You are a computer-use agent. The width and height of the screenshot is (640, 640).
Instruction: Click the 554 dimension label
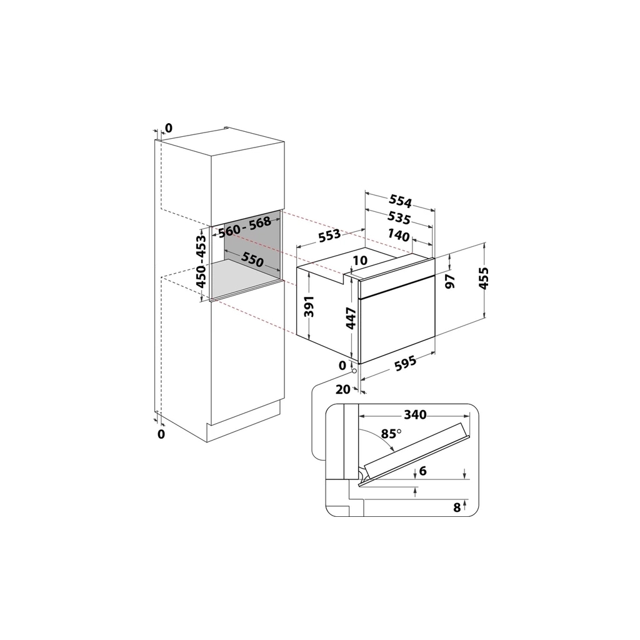click(401, 201)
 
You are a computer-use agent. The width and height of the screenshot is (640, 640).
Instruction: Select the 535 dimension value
click(399, 218)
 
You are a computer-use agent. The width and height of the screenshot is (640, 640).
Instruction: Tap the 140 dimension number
click(398, 235)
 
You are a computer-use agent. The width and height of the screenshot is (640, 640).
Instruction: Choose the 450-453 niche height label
click(202, 261)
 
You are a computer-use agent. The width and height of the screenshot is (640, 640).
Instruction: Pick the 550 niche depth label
click(252, 259)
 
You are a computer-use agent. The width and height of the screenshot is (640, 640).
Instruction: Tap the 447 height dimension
click(351, 318)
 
